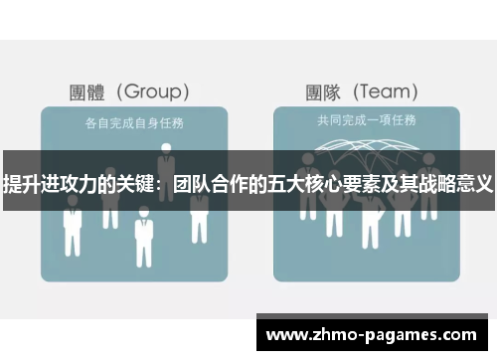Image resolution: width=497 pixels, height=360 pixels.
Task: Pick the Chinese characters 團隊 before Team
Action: coord(323,92)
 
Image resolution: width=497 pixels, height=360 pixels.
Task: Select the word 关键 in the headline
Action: coord(131,184)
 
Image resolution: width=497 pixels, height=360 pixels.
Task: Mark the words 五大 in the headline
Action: coord(280,184)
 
